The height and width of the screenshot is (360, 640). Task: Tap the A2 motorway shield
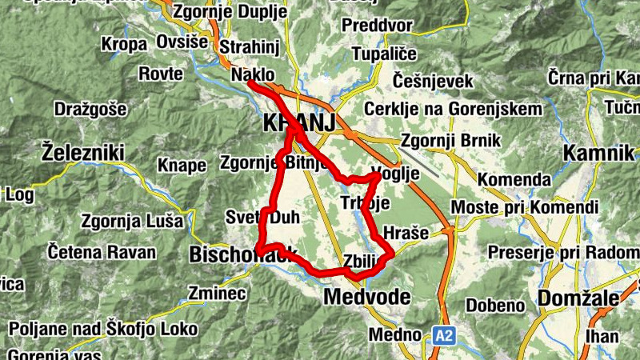[x=444, y=336]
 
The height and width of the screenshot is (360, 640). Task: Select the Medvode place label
[x=368, y=298]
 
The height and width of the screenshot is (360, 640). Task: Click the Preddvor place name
[x=376, y=26]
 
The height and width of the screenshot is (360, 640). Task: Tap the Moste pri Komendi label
[x=524, y=208]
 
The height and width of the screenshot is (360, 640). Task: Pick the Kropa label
[x=123, y=45]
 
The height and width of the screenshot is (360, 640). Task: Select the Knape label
[x=182, y=165]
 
